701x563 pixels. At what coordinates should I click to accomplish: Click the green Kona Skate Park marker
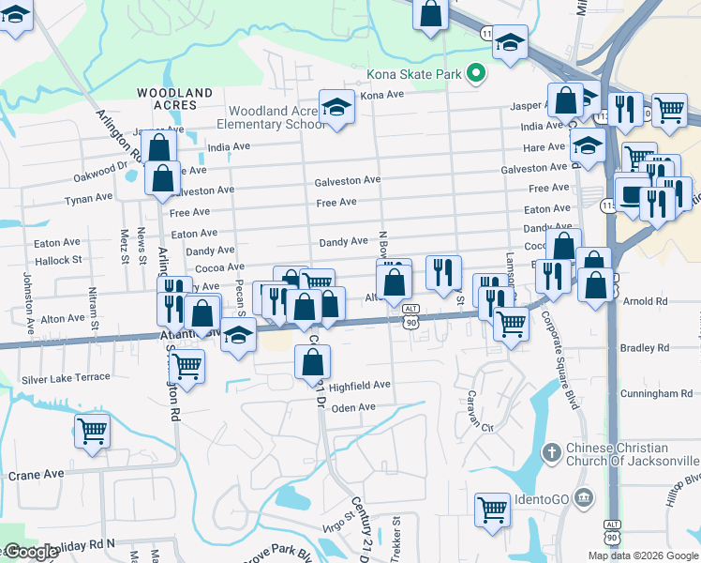click(x=476, y=72)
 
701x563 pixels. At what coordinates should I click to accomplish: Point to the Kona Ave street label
click(x=381, y=95)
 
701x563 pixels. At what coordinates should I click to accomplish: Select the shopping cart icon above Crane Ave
click(x=93, y=432)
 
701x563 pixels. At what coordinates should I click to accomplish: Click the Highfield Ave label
click(x=359, y=386)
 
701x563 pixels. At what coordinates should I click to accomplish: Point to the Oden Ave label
click(x=353, y=407)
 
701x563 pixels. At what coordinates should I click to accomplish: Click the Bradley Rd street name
click(x=647, y=348)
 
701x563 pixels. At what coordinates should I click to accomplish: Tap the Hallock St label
click(x=58, y=258)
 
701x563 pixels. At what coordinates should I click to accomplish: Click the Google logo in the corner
click(x=30, y=552)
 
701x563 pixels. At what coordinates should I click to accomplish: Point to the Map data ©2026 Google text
click(x=642, y=555)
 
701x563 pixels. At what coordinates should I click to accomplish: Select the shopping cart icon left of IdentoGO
click(x=491, y=510)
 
